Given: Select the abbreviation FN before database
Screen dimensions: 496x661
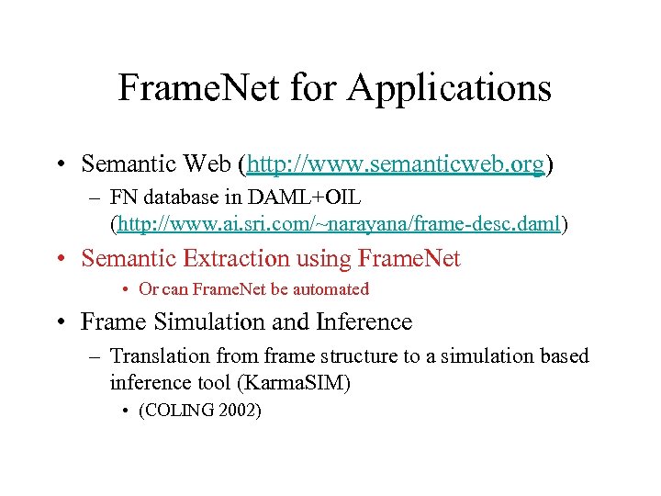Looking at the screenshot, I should tap(123, 198).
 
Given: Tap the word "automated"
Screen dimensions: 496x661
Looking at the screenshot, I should tap(330, 289).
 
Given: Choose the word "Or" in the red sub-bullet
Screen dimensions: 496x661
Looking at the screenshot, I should tap(148, 289).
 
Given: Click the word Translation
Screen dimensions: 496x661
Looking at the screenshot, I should tap(155, 355).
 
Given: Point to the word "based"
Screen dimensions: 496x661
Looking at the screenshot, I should tap(562, 355).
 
